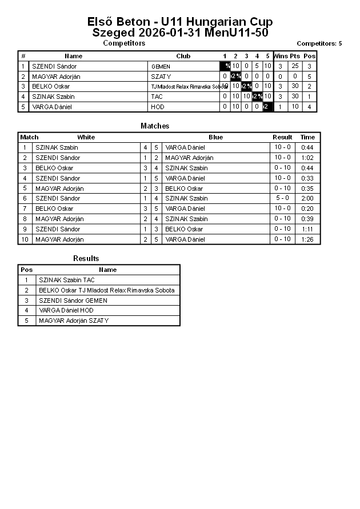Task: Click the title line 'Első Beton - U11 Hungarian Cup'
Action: [x=180, y=22]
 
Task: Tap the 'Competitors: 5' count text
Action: [x=319, y=43]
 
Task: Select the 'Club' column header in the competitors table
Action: [x=183, y=56]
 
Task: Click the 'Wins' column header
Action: [x=281, y=56]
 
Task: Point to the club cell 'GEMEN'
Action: [x=161, y=67]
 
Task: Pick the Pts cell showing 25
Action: [x=295, y=66]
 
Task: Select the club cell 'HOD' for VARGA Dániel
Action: [x=158, y=107]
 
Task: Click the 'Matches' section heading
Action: [x=155, y=126]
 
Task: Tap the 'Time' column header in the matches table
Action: [x=307, y=137]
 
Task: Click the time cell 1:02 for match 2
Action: [x=307, y=158]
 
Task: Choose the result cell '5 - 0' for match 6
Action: [x=282, y=198]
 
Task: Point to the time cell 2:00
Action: [x=307, y=198]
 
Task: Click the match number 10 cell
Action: [x=25, y=239]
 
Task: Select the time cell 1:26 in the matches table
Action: [x=307, y=239]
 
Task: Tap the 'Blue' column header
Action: [x=216, y=137]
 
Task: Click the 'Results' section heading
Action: [x=86, y=259]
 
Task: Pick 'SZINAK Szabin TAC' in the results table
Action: [x=67, y=280]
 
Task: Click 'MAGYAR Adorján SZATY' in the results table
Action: [x=73, y=320]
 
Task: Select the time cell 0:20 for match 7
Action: [x=307, y=209]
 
